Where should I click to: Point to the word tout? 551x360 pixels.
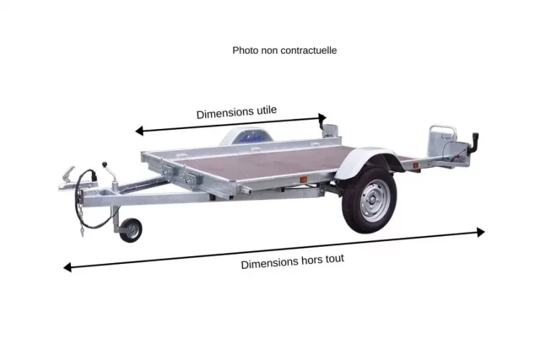click(334, 259)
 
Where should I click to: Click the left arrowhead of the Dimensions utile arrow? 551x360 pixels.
click(139, 131)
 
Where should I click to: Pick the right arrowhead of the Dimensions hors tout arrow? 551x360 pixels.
click(481, 232)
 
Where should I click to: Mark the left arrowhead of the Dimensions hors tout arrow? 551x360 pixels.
click(67, 267)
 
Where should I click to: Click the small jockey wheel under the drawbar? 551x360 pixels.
click(131, 230)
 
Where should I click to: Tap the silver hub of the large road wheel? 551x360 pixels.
click(375, 201)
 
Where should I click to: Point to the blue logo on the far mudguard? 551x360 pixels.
click(252, 138)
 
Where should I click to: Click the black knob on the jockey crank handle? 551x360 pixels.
click(104, 164)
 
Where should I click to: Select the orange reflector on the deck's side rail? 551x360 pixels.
click(303, 180)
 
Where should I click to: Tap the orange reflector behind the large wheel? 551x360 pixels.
click(415, 166)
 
